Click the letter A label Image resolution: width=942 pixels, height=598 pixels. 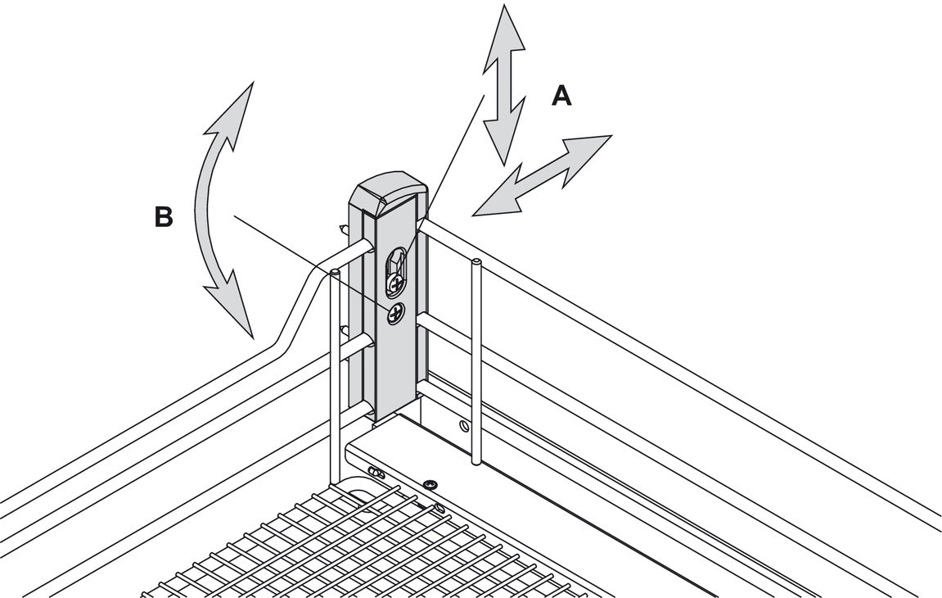(x=561, y=97)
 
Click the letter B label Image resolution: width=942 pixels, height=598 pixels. (x=164, y=218)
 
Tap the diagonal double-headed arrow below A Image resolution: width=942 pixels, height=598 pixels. (x=543, y=175)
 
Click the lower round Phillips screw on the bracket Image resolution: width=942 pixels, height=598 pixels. (x=396, y=312)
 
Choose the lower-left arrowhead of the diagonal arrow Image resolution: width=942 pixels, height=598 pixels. (x=496, y=201)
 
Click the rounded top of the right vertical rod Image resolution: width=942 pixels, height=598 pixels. (x=476, y=263)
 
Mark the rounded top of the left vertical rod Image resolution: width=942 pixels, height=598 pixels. (x=335, y=271)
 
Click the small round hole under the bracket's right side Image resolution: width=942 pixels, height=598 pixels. (x=464, y=425)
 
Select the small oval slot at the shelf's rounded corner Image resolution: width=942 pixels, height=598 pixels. (x=377, y=473)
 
